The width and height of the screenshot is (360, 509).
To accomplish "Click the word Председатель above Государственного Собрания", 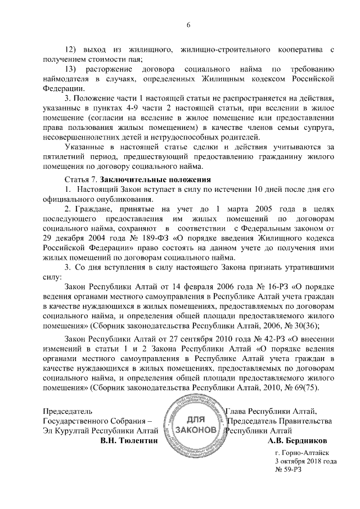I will [67, 411].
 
